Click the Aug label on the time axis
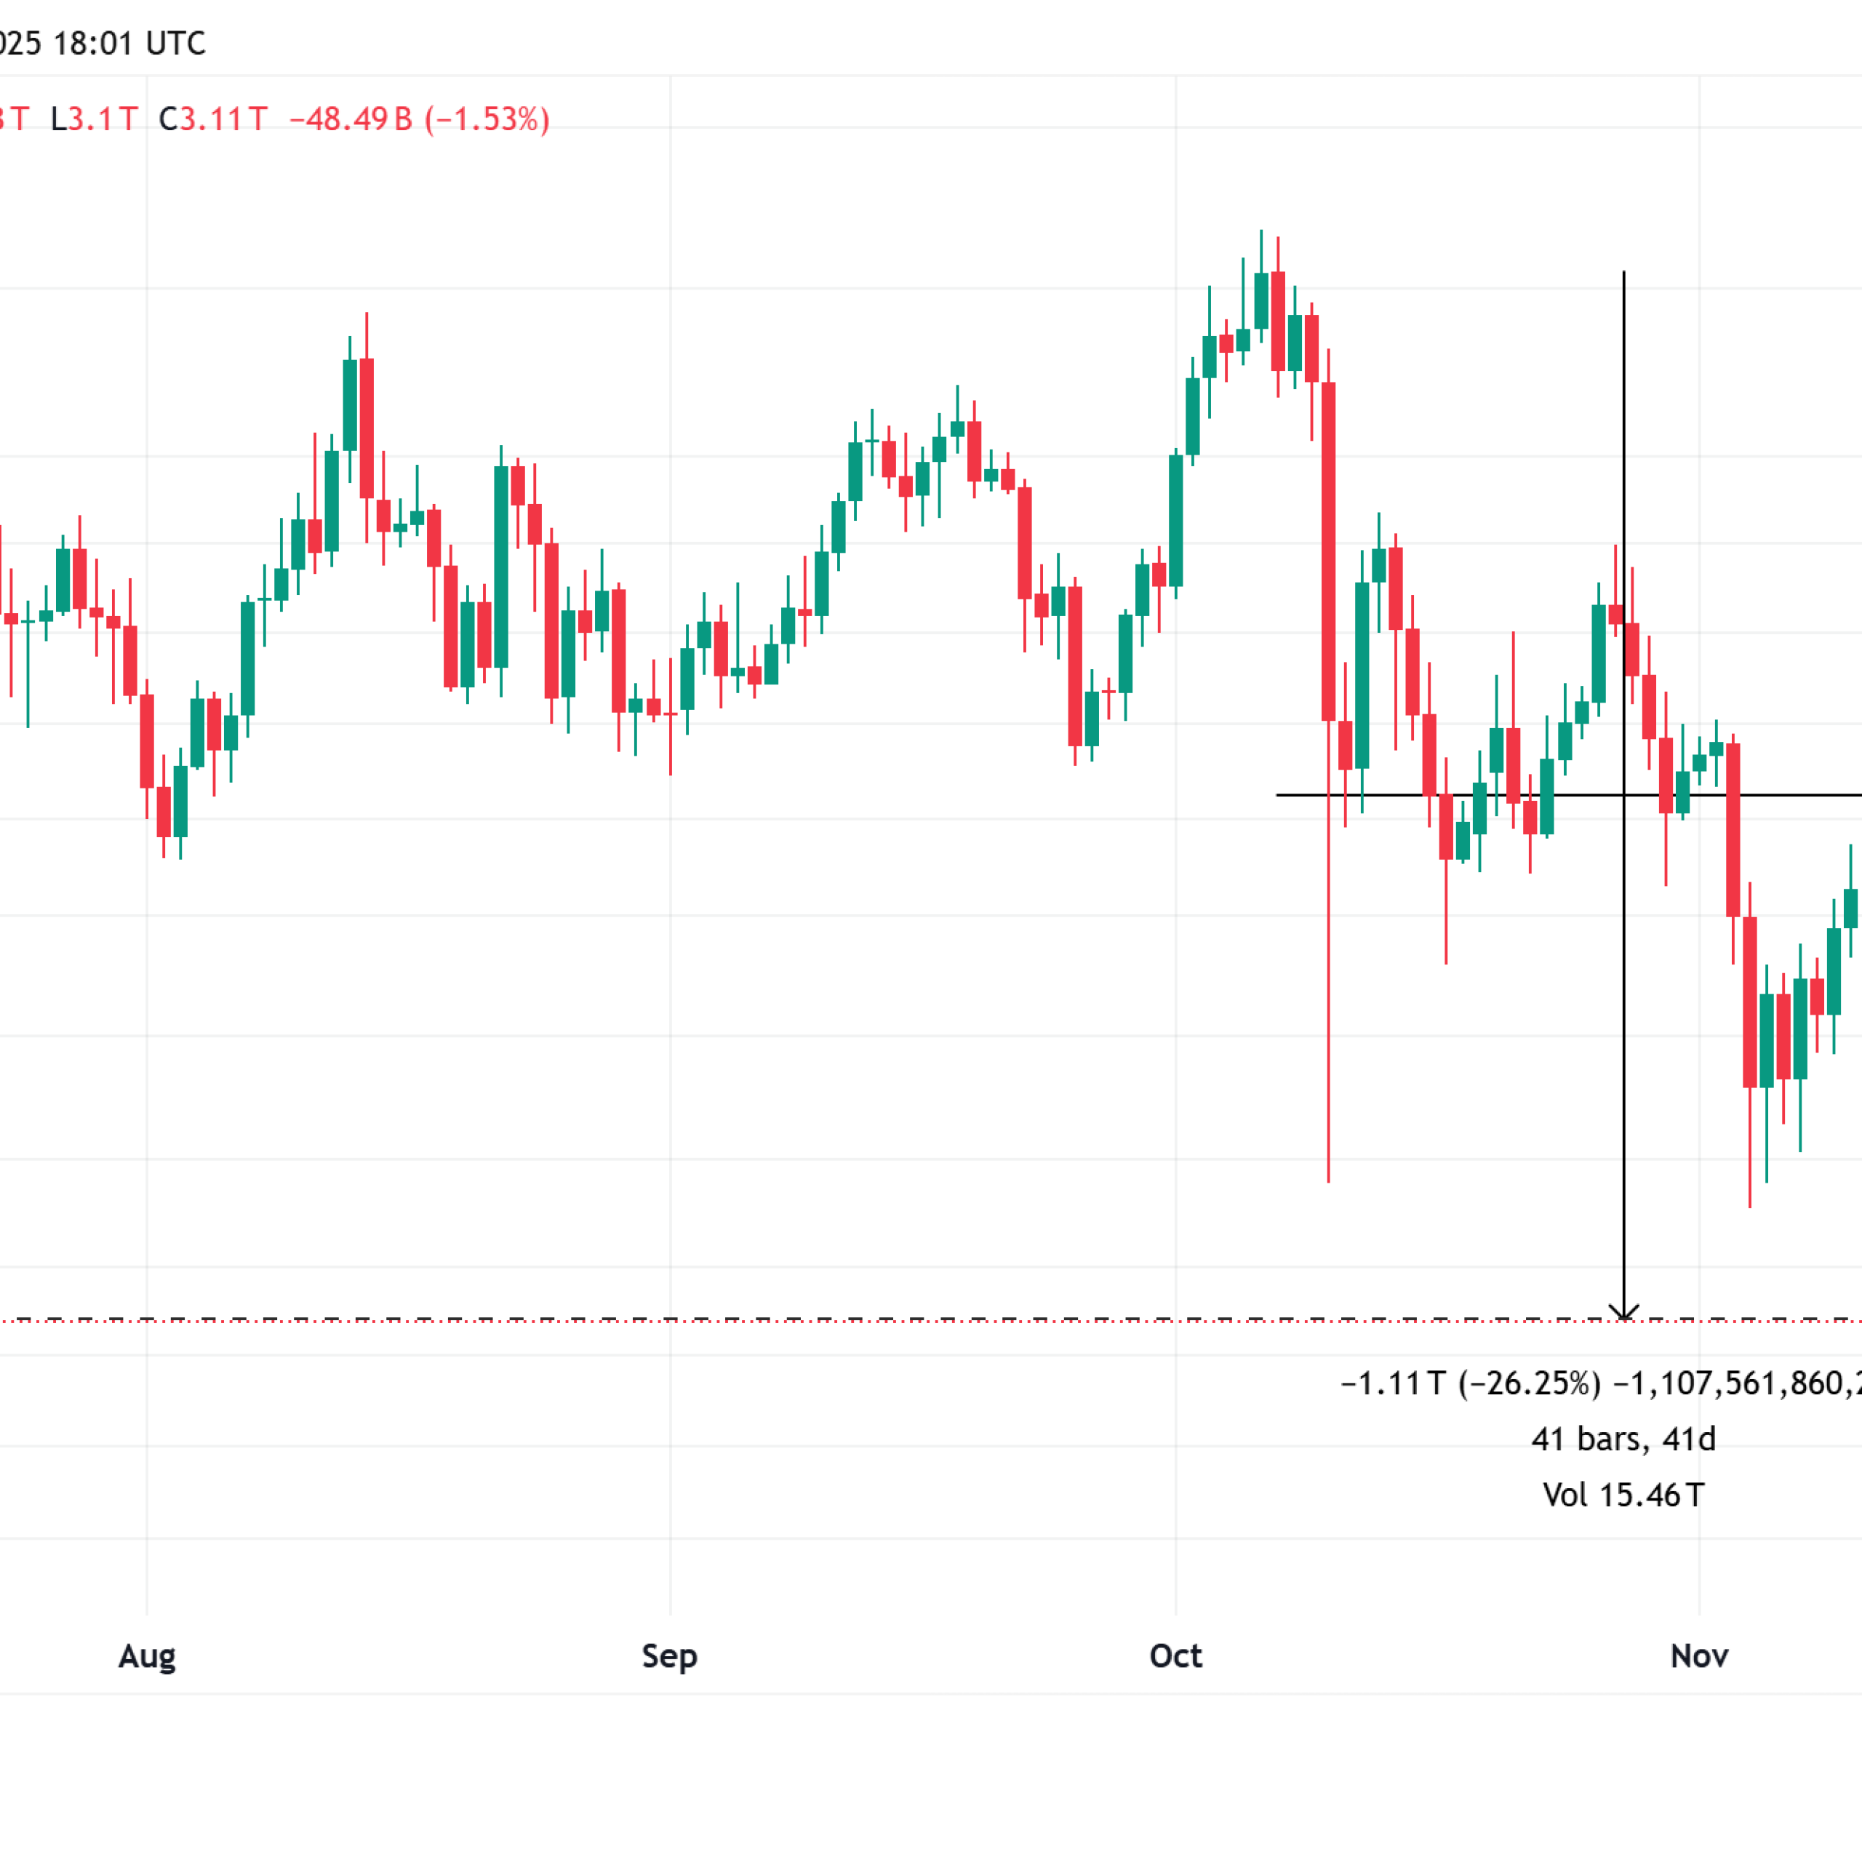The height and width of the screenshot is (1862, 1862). (146, 1655)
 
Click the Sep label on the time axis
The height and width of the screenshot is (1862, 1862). (669, 1655)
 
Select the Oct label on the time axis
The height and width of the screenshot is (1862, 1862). (1175, 1655)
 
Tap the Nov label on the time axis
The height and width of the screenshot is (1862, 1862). (1698, 1655)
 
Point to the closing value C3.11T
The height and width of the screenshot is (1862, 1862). (213, 119)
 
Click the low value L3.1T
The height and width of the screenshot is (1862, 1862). (95, 119)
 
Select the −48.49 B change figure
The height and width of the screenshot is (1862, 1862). (351, 119)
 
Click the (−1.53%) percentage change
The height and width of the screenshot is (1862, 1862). (487, 119)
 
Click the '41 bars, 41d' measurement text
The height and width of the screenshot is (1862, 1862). (1623, 1439)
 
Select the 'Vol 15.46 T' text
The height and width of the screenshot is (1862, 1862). (1623, 1495)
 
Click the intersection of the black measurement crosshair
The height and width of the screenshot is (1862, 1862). (1624, 795)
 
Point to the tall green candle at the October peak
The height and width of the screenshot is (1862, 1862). (1260, 300)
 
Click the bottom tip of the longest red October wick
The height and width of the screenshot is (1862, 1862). (1328, 1180)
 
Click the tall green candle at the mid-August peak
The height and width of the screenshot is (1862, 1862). (350, 405)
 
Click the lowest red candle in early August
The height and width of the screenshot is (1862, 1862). (164, 812)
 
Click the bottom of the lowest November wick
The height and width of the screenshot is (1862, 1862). (1749, 1204)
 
